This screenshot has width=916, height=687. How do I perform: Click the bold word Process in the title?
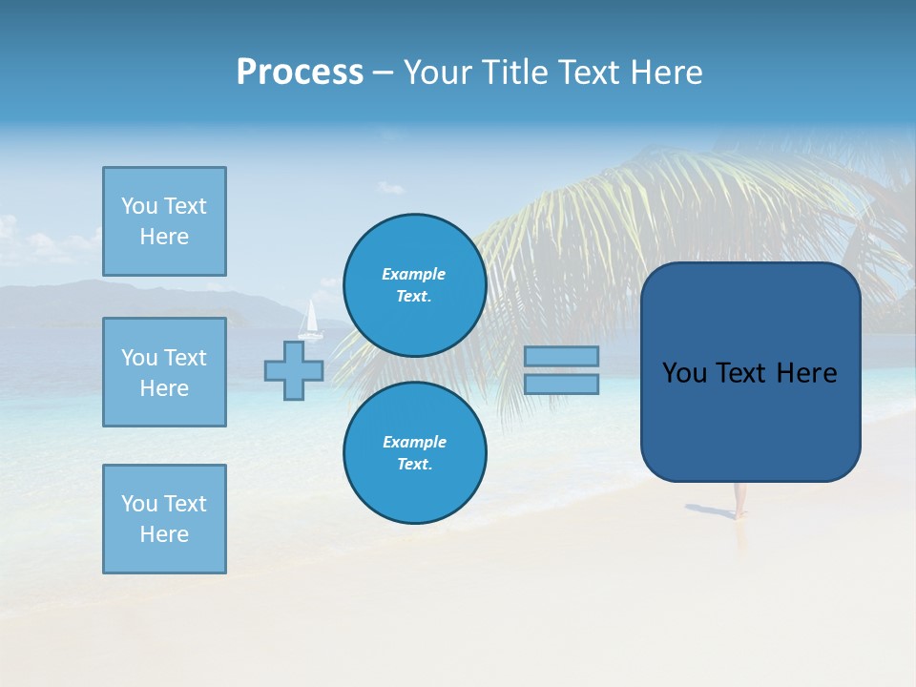(x=300, y=73)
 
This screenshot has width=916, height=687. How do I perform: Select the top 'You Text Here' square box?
(x=164, y=221)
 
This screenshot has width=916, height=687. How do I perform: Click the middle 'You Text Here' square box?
(x=164, y=372)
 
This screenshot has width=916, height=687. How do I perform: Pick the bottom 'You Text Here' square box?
(x=164, y=519)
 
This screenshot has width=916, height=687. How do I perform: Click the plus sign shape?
(x=294, y=371)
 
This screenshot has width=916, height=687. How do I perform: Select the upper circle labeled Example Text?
(x=414, y=285)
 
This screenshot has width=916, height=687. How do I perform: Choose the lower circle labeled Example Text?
(x=414, y=453)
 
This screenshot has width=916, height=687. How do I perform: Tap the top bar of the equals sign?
(x=561, y=356)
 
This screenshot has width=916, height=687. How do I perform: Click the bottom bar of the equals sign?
(x=561, y=385)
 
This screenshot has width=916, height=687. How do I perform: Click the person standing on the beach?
(x=738, y=500)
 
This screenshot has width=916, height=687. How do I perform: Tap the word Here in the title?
(x=666, y=73)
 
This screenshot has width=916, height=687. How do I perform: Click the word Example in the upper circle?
(x=414, y=274)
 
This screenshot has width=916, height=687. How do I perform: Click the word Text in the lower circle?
(x=414, y=465)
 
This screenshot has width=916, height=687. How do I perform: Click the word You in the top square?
(x=138, y=206)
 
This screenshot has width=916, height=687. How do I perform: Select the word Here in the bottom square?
(x=164, y=534)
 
